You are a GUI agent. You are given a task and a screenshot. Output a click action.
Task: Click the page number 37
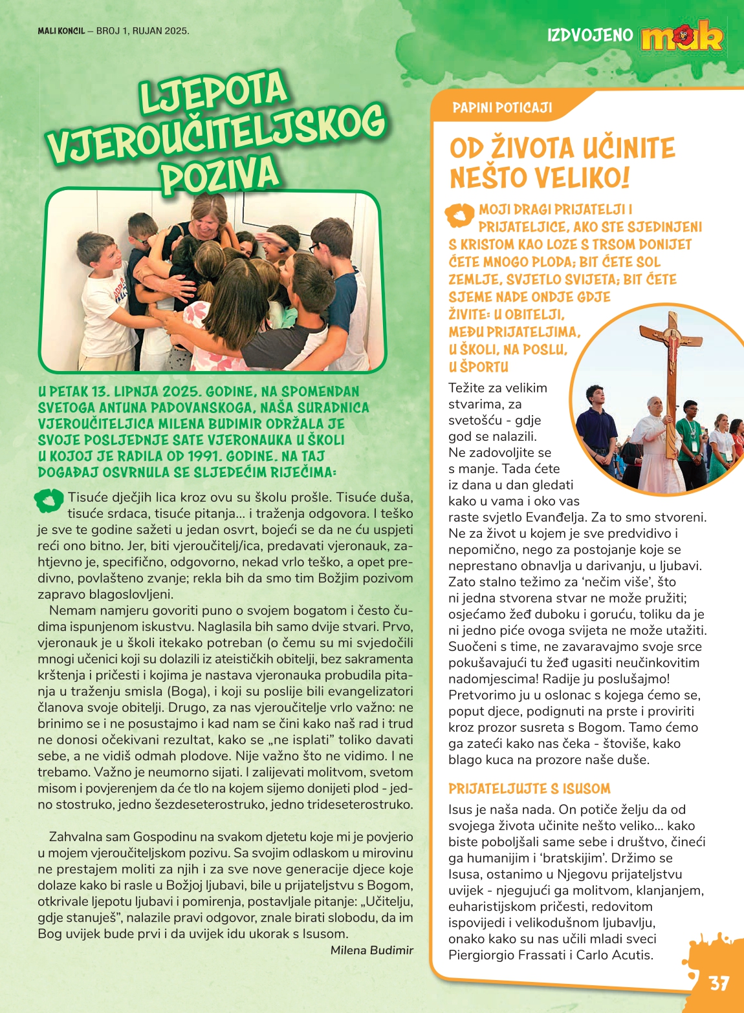719,983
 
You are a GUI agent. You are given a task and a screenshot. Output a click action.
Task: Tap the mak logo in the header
681,37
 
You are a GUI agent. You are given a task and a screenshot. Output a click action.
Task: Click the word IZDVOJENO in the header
590,34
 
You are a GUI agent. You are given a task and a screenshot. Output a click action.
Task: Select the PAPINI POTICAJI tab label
502,107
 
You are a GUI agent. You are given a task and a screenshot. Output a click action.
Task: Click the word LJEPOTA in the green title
213,94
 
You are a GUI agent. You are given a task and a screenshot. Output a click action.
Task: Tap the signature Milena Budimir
371,950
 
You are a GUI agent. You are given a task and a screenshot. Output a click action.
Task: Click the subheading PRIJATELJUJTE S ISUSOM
529,789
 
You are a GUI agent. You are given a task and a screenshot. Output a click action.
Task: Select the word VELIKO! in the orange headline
585,178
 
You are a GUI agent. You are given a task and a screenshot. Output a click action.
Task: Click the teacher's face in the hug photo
206,220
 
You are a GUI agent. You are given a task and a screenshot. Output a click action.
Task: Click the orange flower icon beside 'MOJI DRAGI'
460,215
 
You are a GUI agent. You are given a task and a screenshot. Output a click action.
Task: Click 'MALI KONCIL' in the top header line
61,30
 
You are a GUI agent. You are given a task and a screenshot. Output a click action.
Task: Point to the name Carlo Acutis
613,955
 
